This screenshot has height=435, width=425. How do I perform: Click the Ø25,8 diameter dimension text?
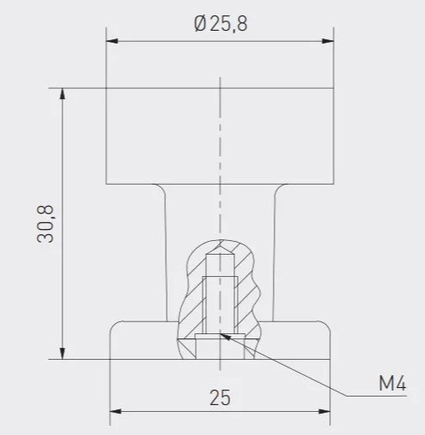221,24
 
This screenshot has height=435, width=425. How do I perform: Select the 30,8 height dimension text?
45,224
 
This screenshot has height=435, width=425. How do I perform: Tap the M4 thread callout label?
393,383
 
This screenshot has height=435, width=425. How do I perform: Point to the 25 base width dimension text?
220,397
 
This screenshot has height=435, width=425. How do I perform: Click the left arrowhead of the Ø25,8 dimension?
112,41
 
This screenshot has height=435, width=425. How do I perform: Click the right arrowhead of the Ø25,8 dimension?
328,41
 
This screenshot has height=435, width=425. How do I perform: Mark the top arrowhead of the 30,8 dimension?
62,94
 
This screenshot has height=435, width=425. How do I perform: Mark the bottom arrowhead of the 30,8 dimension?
62,353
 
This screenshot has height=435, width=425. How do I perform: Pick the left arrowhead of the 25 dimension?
115,411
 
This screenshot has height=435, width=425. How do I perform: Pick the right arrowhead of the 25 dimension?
324,411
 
